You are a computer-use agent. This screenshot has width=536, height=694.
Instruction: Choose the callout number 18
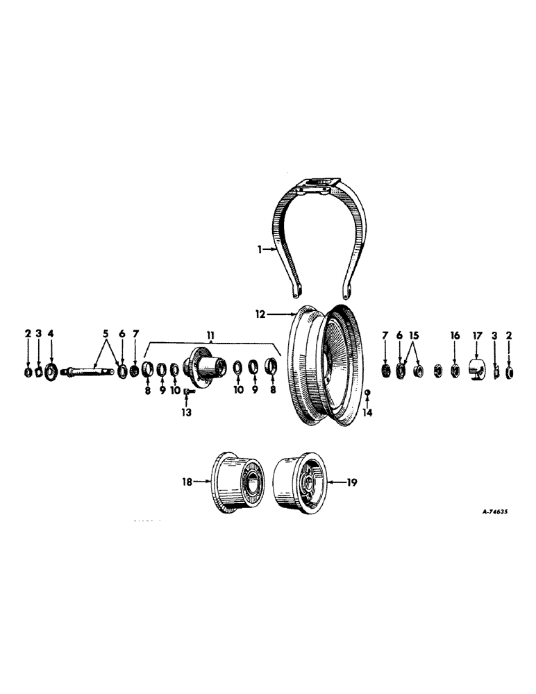(x=189, y=480)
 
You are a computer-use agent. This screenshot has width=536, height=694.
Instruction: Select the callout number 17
(x=476, y=335)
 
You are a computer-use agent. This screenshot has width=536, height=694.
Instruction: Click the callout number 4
(x=50, y=334)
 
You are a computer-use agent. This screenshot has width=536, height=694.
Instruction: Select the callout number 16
(x=455, y=335)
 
